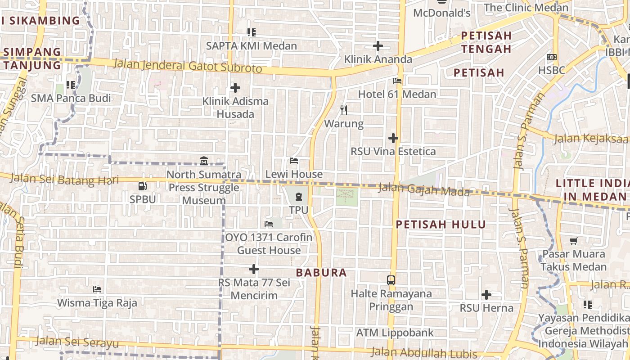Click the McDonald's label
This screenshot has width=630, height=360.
point(441,13)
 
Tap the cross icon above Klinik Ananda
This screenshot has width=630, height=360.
point(378,45)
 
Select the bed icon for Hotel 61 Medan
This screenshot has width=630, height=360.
point(397,81)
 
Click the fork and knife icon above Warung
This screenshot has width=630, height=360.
point(344,110)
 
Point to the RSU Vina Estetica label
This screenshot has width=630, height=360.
point(393,151)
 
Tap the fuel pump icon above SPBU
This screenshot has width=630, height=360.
point(142,186)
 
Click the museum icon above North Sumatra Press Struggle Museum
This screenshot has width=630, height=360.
point(204,161)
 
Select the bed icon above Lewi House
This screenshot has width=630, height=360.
point(294,161)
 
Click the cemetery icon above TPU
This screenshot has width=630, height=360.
point(299,197)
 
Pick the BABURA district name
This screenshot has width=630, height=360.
point(321,272)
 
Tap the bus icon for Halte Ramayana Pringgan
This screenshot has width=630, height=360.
point(391,280)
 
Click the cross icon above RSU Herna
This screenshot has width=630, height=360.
point(486,295)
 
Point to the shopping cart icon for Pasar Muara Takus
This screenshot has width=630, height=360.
point(573,241)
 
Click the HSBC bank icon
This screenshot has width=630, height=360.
point(551,57)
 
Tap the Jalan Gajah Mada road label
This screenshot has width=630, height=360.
point(424,189)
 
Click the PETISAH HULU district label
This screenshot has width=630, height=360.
point(441,224)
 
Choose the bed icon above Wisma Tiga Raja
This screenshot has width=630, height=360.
point(97,289)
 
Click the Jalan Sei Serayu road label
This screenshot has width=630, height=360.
point(77,342)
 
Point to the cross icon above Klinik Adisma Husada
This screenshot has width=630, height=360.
point(235,88)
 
